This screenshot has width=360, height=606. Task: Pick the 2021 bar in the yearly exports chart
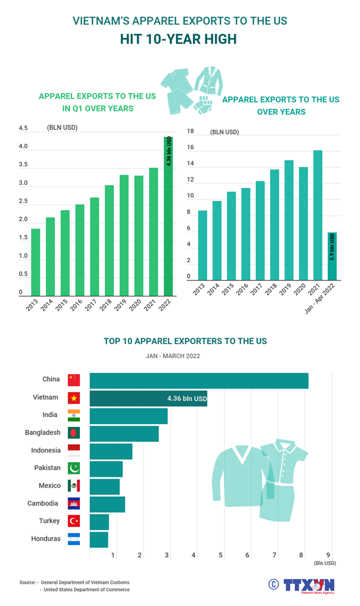coord(317,215)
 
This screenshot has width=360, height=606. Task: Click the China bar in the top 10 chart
coord(198,381)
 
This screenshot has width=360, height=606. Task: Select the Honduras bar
coord(98,539)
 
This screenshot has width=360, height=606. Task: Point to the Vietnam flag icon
coord(74,398)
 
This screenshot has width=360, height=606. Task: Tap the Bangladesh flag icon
coord(74,433)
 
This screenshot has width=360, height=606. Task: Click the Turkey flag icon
coord(74,521)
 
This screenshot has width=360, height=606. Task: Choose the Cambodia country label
coord(42,503)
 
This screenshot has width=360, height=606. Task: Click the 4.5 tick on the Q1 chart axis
coord(23,128)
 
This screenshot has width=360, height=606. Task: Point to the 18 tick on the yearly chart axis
coord(190,131)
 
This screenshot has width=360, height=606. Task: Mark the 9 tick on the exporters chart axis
coord(328,555)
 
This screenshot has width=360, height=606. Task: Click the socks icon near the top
coord(205,104)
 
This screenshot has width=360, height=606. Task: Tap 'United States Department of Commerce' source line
coord(86,590)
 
